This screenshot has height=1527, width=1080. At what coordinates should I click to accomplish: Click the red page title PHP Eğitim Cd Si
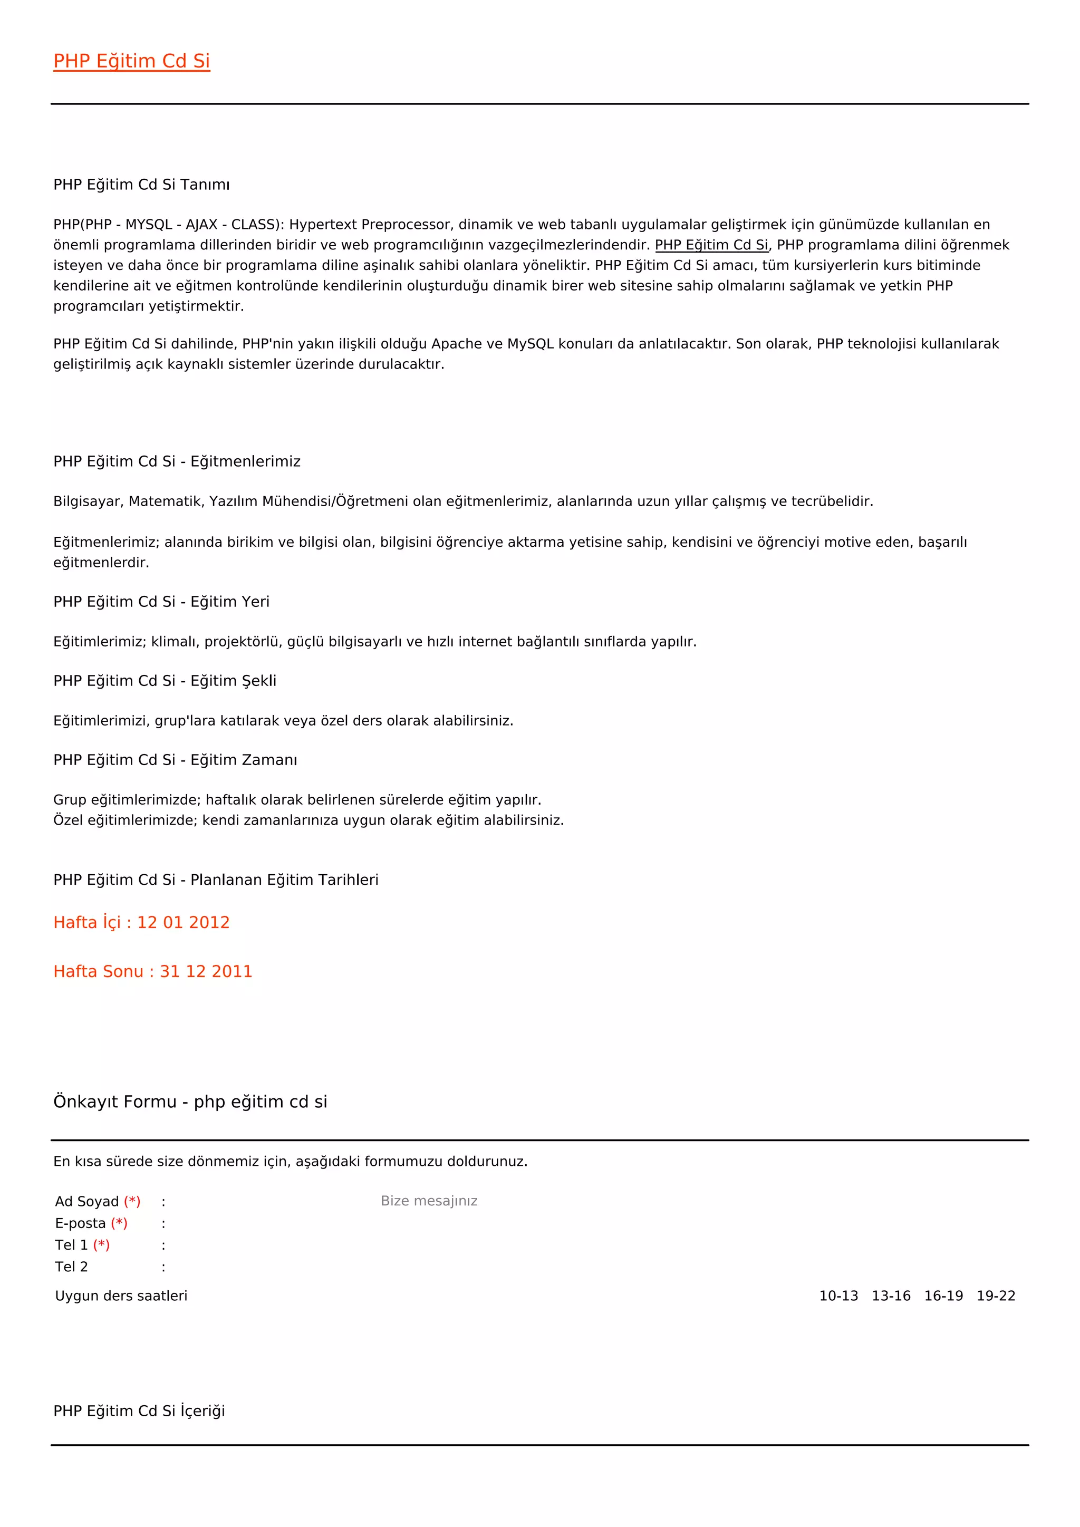pyautogui.click(x=132, y=61)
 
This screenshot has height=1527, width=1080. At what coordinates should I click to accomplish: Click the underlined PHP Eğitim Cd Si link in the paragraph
pyautogui.click(x=711, y=245)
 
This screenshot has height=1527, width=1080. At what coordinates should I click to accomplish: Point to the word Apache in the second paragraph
pyautogui.click(x=457, y=344)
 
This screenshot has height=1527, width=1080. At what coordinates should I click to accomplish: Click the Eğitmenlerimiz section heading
pyautogui.click(x=177, y=461)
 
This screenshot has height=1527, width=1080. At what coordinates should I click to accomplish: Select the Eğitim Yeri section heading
pyautogui.click(x=161, y=602)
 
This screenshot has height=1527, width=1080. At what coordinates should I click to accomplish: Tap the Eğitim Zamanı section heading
pyautogui.click(x=176, y=760)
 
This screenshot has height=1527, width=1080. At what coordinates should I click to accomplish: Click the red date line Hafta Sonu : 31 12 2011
pyautogui.click(x=153, y=972)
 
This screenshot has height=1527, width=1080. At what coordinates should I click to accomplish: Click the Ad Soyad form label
pyautogui.click(x=87, y=1202)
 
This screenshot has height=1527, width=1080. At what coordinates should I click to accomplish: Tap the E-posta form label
pyautogui.click(x=81, y=1224)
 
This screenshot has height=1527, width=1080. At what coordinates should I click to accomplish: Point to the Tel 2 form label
pyautogui.click(x=72, y=1267)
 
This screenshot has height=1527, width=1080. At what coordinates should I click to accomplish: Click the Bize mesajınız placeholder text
pyautogui.click(x=429, y=1201)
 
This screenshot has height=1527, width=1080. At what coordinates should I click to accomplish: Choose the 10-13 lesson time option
pyautogui.click(x=838, y=1296)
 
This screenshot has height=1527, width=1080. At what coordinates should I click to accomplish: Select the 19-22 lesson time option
pyautogui.click(x=996, y=1296)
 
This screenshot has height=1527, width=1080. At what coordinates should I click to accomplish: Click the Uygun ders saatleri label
pyautogui.click(x=121, y=1296)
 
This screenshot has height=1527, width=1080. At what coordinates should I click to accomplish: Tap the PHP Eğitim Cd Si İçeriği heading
pyautogui.click(x=139, y=1412)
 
